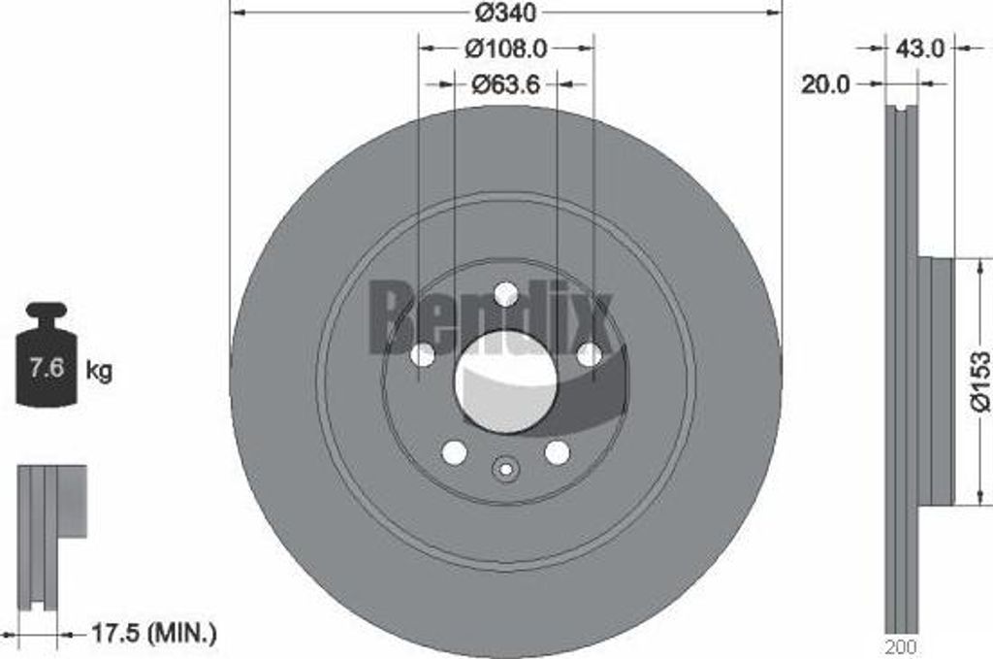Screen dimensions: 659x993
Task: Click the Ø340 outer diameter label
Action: click(x=506, y=14)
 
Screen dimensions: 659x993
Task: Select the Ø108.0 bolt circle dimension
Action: click(x=506, y=47)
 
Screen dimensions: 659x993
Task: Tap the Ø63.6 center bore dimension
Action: click(x=506, y=84)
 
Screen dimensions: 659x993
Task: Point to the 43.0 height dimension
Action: click(x=920, y=48)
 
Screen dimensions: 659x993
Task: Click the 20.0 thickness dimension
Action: click(x=825, y=84)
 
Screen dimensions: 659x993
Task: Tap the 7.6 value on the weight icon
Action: click(x=48, y=369)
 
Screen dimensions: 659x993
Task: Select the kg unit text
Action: click(x=100, y=370)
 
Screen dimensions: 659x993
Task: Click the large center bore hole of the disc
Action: click(x=505, y=381)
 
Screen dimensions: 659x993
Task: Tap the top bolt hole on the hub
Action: click(x=505, y=293)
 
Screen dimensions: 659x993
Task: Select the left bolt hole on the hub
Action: click(x=422, y=354)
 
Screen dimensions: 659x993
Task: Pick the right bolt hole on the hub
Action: click(x=590, y=354)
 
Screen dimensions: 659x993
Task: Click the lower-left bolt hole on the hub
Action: click(x=454, y=452)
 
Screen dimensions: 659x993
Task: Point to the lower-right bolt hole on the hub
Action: click(x=557, y=452)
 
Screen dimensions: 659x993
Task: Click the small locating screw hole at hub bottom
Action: click(x=505, y=469)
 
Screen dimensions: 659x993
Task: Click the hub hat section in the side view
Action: click(x=937, y=381)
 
